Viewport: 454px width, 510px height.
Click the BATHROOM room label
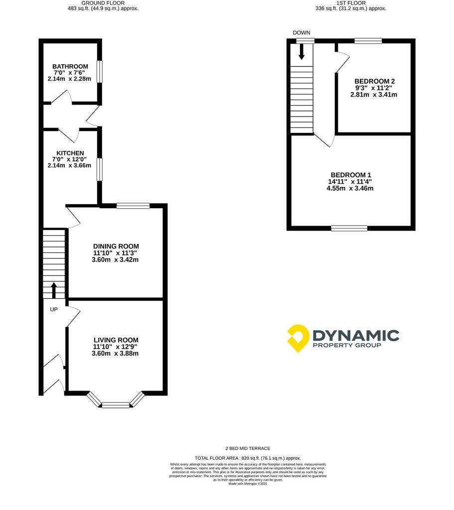click(x=70, y=66)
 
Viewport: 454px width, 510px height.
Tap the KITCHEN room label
click(x=70, y=153)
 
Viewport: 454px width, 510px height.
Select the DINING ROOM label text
click(x=116, y=247)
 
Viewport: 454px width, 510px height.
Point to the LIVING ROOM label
click(x=116, y=340)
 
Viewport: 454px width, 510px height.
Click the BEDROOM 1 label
click(x=351, y=175)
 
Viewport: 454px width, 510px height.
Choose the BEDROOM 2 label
click(x=375, y=81)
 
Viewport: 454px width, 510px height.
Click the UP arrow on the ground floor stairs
click(x=54, y=290)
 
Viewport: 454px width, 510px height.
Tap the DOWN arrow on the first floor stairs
click(x=302, y=52)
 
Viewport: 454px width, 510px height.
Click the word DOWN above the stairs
click(x=302, y=33)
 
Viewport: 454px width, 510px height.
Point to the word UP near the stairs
click(x=54, y=309)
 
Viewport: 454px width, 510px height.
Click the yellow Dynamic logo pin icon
click(x=298, y=338)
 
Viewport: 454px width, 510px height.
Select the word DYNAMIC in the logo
click(x=356, y=335)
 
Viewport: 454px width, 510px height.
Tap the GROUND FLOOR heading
click(x=103, y=3)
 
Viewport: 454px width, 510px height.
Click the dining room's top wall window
click(x=133, y=206)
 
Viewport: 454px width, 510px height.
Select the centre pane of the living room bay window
click(x=116, y=405)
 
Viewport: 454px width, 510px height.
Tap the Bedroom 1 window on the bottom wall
click(x=349, y=228)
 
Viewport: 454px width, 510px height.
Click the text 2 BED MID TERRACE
click(x=248, y=449)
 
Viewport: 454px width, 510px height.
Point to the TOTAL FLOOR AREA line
click(x=248, y=458)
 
